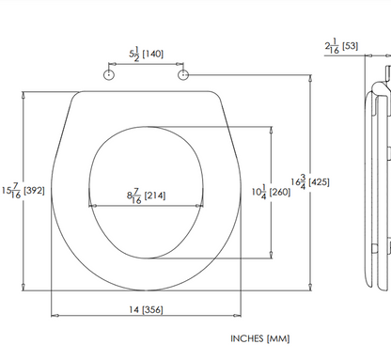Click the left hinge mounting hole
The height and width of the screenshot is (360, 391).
tap(108, 75)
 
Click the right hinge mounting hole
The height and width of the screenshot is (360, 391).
tap(183, 75)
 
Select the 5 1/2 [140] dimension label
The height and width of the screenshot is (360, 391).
tap(147, 55)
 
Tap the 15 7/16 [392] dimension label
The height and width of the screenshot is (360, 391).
tap(23, 191)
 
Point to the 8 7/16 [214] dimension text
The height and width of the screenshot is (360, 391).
tap(146, 196)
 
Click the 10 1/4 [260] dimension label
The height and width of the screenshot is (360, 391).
tap(271, 192)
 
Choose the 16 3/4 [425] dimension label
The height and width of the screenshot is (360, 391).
tap(310, 182)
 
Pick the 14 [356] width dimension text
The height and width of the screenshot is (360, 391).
tap(146, 310)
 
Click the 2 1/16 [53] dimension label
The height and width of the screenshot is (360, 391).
tap(341, 46)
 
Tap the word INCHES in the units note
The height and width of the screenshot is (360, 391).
tap(247, 338)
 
